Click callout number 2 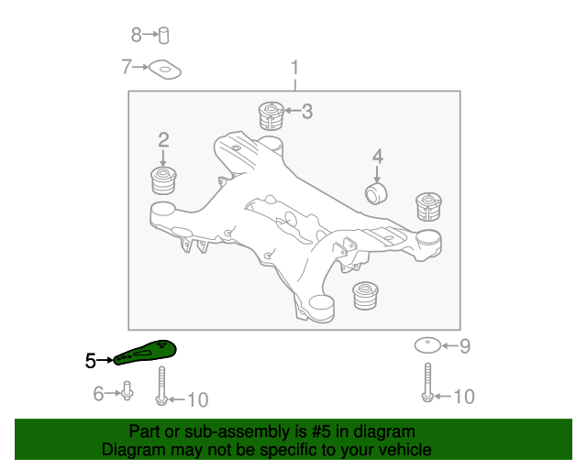[x=163, y=140]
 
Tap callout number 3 [x=307, y=112]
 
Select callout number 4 [x=377, y=157]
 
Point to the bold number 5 [x=90, y=361]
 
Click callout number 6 [x=98, y=394]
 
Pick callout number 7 [x=127, y=66]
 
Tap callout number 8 [x=137, y=35]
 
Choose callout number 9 [x=464, y=346]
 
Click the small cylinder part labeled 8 [x=164, y=35]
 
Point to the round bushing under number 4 [x=377, y=193]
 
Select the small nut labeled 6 [x=127, y=394]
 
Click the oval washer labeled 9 [x=426, y=346]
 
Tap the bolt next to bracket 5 [x=161, y=386]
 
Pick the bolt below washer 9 [x=426, y=382]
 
